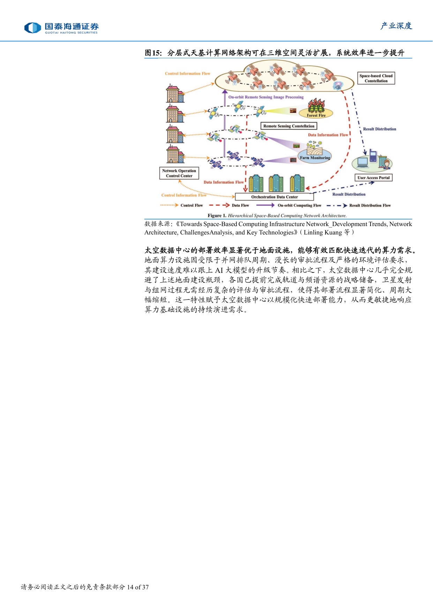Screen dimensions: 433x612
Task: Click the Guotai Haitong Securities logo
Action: click(x=61, y=28)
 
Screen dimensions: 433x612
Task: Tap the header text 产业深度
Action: click(x=396, y=26)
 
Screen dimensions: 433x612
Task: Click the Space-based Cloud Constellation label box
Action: click(x=376, y=78)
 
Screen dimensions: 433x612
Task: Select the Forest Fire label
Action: click(x=316, y=115)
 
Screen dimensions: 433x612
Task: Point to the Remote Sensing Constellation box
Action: click(x=289, y=126)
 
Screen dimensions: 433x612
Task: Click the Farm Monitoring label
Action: click(x=315, y=158)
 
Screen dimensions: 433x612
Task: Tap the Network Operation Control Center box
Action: click(x=179, y=173)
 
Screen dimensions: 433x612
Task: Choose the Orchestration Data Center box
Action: click(x=275, y=197)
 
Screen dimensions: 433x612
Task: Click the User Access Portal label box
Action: click(x=374, y=178)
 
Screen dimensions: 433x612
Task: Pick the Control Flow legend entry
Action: click(x=182, y=205)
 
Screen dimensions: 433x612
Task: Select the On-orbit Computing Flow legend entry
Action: click(x=289, y=205)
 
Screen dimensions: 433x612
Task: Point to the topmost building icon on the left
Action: click(x=175, y=94)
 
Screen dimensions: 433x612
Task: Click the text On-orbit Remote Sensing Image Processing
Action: click(x=266, y=97)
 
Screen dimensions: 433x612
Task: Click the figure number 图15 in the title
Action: click(x=153, y=53)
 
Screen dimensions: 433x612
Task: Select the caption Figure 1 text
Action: click(x=277, y=216)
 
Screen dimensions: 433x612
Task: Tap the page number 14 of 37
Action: click(x=138, y=587)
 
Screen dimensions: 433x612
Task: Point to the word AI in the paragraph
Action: click(x=219, y=270)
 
